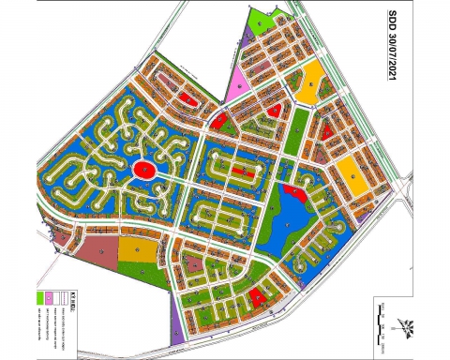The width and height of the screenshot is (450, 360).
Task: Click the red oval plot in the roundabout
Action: click(x=143, y=170)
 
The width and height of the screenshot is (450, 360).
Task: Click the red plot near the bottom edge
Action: click(x=257, y=297)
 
